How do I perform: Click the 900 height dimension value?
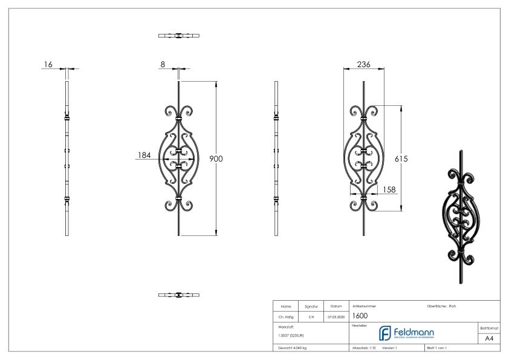216,159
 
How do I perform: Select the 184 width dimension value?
144,155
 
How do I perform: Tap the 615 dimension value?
401,159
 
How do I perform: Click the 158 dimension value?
390,189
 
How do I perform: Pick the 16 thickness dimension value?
48,64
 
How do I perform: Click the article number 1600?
360,315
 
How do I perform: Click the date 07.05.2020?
336,316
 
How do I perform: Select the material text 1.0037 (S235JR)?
291,334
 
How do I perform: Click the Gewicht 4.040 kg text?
293,349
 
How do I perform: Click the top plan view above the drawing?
179,36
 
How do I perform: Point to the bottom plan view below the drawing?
179,295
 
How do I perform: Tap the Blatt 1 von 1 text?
438,349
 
